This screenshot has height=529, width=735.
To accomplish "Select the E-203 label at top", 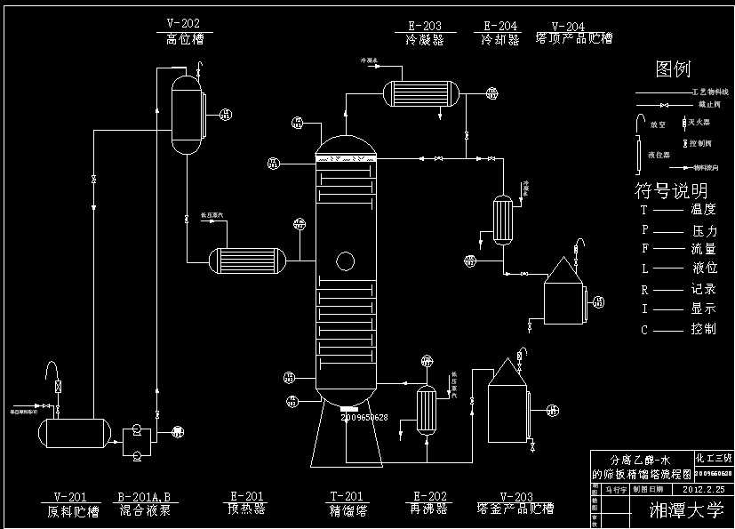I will coord(424,27).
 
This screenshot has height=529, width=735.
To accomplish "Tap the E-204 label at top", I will coord(501,27).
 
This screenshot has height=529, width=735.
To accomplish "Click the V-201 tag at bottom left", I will coord(70,496).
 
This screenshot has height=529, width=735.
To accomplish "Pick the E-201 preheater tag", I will coord(245,496).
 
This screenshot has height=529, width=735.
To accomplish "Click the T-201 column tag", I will coord(348,496).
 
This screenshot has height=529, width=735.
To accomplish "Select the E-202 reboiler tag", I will coord(430,496).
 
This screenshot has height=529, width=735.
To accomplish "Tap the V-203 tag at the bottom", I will coord(516,496).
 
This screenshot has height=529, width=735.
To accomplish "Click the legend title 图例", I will coord(673,69).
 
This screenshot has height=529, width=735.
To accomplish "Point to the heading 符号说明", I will coord(671,190).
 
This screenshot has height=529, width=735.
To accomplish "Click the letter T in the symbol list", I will coord(644,211).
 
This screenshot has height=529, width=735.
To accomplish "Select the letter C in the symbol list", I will coord(644,330).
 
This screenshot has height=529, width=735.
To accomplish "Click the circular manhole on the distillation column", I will coord(343,260).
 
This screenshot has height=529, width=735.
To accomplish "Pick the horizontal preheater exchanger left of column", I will coord(248,260).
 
